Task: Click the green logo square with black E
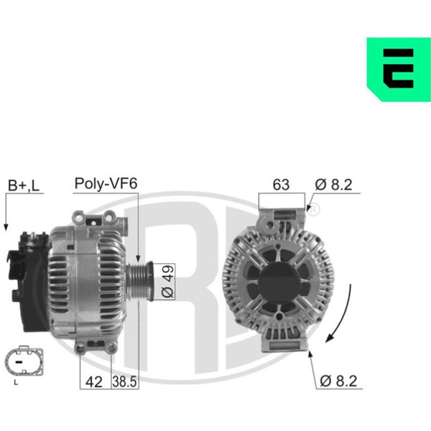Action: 399,69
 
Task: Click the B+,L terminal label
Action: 24,185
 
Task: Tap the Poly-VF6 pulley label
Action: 106,184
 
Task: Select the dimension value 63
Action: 281,185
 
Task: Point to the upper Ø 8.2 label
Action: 333,185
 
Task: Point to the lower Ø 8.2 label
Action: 338,381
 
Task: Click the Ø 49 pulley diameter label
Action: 168,282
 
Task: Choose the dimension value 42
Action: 93,382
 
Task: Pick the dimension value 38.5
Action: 124,382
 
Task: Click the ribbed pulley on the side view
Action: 139,281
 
